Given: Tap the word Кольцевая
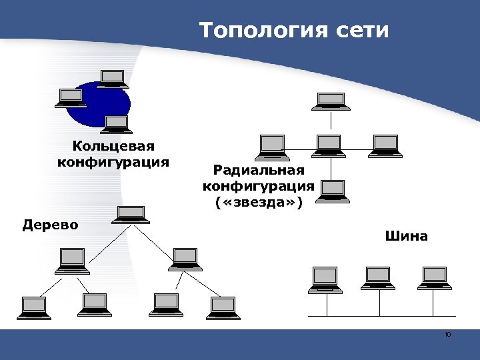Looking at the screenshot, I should click(x=114, y=146).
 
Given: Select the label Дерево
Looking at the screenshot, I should click(x=50, y=224).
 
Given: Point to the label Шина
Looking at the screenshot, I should click(x=406, y=236).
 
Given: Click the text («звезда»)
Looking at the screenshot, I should click(x=259, y=201).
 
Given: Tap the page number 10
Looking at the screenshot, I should click(x=447, y=334).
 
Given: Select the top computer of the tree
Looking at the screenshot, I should click(x=130, y=215).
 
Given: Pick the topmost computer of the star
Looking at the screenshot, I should click(x=331, y=101).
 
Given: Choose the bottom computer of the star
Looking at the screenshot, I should click(x=332, y=191).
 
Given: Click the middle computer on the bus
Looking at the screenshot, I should click(x=379, y=277).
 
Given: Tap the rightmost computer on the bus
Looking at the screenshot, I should click(x=435, y=277).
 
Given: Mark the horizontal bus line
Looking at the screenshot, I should click(x=380, y=315).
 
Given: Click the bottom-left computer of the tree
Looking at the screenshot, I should click(x=34, y=306).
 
